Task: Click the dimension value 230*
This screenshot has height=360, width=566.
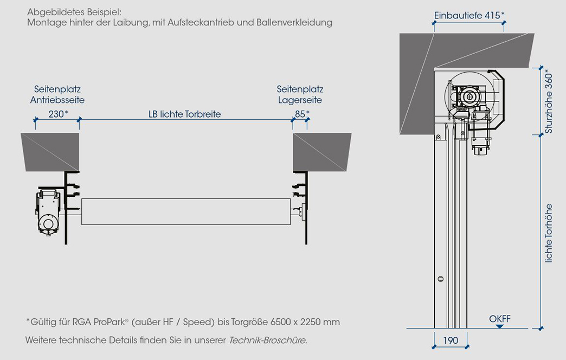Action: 58,114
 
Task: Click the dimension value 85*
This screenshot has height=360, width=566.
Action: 302,114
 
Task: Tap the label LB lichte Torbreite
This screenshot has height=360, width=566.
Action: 185,114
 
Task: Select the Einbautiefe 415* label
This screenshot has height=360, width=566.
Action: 469,16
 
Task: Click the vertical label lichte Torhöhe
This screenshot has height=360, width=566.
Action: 548,233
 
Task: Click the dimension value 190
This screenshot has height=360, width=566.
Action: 451,340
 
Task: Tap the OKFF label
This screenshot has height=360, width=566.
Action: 500,319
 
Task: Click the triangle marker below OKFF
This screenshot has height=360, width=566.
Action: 499,326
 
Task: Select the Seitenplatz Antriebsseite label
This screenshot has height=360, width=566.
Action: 57,94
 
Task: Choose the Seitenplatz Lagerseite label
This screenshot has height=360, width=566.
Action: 300,94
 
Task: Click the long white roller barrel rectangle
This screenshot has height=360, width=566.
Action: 186,211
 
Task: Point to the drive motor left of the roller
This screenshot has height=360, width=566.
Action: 48,213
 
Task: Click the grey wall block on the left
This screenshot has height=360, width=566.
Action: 50,152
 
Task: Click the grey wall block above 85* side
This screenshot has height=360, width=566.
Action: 322,152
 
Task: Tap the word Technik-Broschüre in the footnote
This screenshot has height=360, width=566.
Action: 268,340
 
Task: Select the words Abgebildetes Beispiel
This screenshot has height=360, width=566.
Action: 74,12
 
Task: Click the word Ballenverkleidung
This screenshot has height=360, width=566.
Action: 294,22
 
